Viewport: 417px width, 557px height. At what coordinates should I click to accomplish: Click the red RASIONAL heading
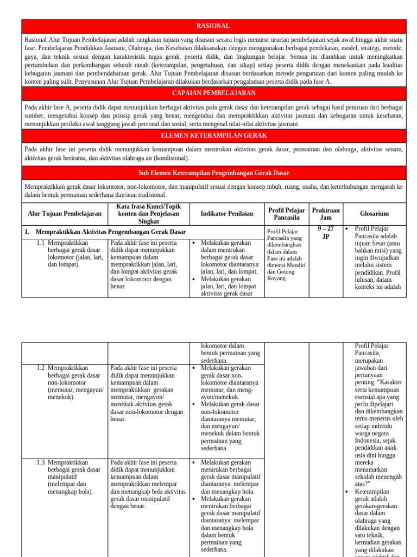click(x=213, y=26)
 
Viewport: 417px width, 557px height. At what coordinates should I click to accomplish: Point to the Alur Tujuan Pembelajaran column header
click(x=65, y=214)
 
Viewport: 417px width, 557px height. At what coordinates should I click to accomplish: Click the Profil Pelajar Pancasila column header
click(x=287, y=214)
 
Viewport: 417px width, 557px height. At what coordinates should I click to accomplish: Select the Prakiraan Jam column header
click(x=326, y=214)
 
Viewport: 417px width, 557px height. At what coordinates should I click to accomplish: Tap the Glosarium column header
click(x=374, y=214)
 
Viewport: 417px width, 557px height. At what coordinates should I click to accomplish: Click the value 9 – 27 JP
click(x=326, y=233)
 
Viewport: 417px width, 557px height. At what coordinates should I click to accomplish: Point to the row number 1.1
click(x=41, y=243)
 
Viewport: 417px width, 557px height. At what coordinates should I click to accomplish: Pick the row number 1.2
click(x=41, y=368)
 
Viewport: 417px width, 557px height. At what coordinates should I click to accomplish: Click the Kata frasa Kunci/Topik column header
click(x=149, y=214)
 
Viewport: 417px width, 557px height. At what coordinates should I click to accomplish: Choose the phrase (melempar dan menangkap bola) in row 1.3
click(x=70, y=488)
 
